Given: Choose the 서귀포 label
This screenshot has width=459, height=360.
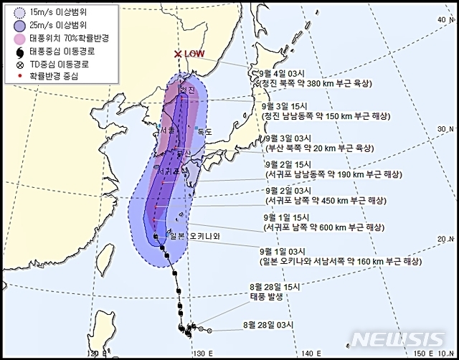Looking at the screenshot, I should [169, 171].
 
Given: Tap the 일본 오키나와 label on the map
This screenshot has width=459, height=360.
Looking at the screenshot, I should [194, 235].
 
